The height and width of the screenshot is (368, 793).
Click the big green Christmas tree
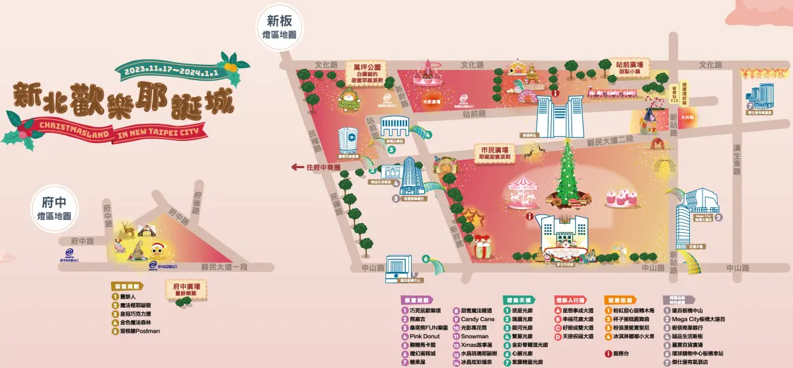point(566,175)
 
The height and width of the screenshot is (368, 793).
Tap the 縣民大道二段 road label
point(611,140)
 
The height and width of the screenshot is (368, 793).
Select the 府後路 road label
point(197,199)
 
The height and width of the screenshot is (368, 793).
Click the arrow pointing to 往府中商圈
point(297,167)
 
